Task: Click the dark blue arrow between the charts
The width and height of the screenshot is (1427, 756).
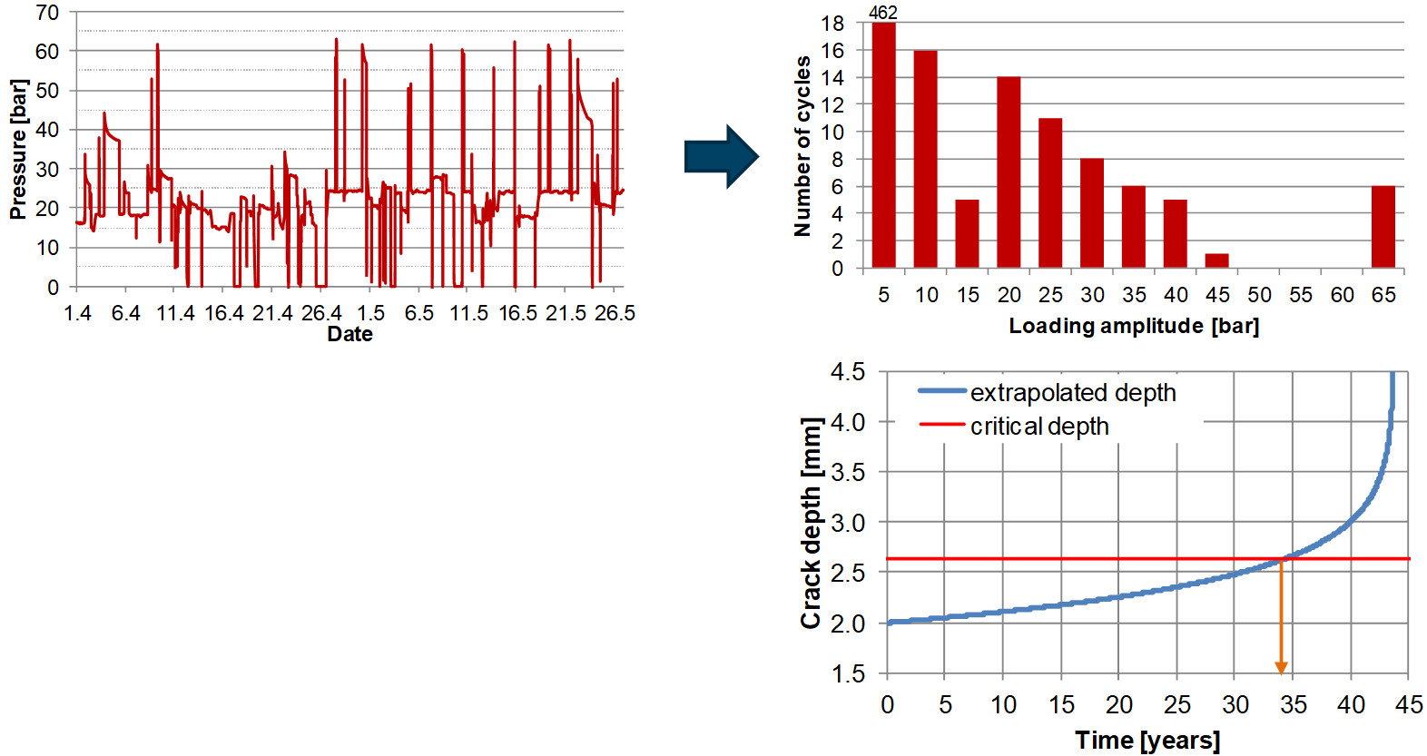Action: click(x=721, y=156)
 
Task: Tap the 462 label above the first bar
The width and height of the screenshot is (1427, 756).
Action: click(x=882, y=13)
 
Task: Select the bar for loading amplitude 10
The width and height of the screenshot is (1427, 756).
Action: click(x=925, y=159)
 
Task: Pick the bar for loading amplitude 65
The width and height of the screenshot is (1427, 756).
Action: click(x=1383, y=227)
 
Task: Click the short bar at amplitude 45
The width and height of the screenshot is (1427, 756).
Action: click(x=1216, y=260)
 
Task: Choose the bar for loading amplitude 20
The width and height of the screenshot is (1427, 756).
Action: click(x=1009, y=172)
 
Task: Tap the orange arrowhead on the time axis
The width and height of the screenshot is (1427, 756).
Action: click(x=1281, y=668)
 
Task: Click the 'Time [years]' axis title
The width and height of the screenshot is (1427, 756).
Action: click(x=1147, y=740)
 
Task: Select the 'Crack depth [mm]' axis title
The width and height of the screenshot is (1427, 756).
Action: click(x=810, y=523)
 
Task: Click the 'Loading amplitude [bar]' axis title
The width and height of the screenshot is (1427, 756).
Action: click(x=1134, y=326)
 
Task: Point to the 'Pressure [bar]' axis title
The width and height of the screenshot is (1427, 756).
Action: click(x=18, y=150)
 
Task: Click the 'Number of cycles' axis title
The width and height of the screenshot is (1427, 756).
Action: click(x=802, y=146)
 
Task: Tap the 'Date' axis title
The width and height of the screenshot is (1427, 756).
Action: click(x=349, y=334)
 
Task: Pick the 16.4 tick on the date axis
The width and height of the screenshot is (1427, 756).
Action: click(x=223, y=313)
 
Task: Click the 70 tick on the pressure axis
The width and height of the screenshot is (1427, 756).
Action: click(x=47, y=13)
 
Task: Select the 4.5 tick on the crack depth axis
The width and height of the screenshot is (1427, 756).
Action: click(x=847, y=372)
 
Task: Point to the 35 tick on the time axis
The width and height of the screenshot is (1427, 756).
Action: click(x=1293, y=704)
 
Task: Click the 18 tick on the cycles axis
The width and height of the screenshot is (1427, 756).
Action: click(x=832, y=24)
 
